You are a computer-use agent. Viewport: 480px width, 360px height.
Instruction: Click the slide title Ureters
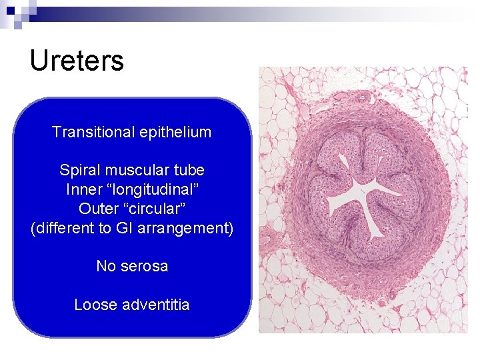(x=77, y=61)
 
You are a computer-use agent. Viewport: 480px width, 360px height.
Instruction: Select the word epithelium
(x=175, y=132)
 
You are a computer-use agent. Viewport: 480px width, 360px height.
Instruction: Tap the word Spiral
(x=79, y=170)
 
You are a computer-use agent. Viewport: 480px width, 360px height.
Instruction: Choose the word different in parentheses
(x=64, y=228)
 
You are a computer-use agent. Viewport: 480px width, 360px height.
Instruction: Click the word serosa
(x=144, y=266)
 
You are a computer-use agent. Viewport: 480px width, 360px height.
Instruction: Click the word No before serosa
(x=105, y=266)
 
